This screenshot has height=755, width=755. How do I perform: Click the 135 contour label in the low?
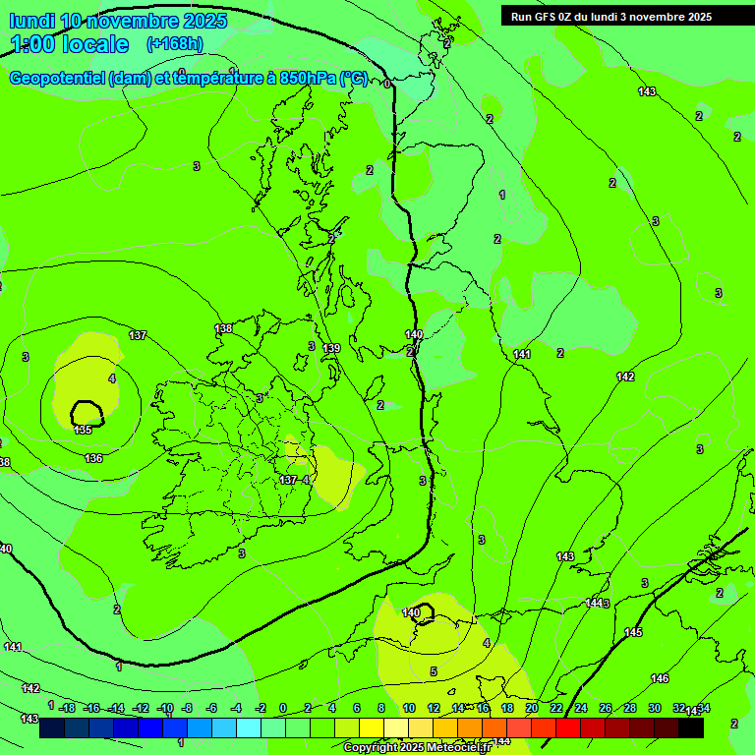coord(83,430)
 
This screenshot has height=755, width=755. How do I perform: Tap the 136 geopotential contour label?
coord(93,459)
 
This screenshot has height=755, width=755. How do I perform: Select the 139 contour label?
coord(332,349)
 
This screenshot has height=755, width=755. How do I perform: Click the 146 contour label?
coord(660,678)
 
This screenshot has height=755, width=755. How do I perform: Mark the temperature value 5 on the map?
coord(434,671)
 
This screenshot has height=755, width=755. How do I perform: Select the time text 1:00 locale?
coord(70,44)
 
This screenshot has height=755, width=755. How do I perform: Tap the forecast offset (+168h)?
coord(174,44)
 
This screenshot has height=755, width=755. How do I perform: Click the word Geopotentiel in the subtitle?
coord(57,79)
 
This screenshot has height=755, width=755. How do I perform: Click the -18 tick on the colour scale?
coord(66,708)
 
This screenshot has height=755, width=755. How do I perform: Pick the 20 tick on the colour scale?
coord(532,708)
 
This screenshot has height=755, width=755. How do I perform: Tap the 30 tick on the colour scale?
coord(655,708)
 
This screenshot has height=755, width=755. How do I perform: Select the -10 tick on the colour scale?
coord(164,708)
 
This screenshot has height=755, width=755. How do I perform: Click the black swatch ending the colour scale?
coord(691,728)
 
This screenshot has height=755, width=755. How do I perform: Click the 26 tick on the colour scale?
coord(606,708)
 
